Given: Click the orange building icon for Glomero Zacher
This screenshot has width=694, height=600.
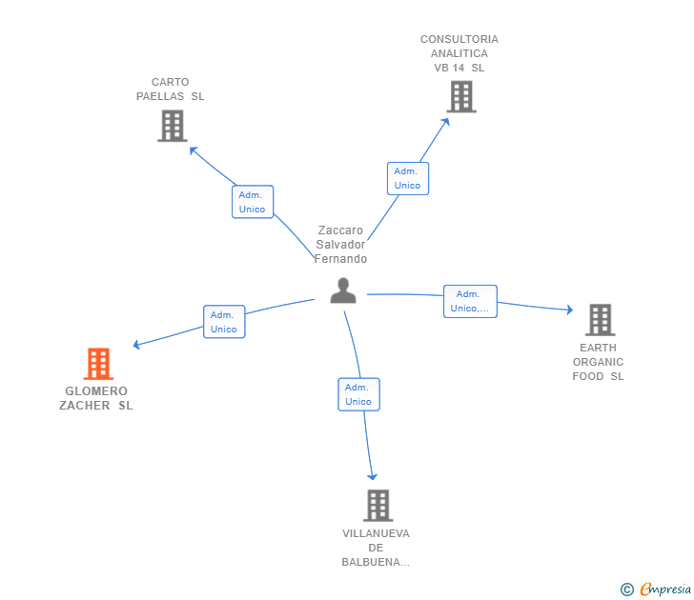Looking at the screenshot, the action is tap(99, 364).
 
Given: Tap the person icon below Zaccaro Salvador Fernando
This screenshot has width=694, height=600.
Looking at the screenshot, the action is tap(343, 290).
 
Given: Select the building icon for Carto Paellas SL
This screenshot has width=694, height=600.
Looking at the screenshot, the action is tap(173, 126).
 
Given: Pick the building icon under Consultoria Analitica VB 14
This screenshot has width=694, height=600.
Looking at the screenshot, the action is tap(461, 96).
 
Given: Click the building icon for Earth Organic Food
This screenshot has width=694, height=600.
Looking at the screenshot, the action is tap(601, 320).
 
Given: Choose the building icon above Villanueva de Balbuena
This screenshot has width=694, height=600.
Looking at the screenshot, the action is tap(378, 506).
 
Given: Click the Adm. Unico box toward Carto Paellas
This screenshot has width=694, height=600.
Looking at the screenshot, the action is tap(253, 202).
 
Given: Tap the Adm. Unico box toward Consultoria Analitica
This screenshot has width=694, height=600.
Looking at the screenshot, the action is tap(408, 179).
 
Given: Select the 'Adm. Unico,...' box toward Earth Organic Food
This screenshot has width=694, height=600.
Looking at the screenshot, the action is tap(471, 301).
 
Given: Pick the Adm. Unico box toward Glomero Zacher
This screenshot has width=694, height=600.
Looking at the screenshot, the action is tap(224, 322).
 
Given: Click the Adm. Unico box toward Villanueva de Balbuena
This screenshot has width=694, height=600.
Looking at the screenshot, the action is tap(359, 394).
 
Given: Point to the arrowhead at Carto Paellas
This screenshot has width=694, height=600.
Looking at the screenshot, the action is tap(193, 150).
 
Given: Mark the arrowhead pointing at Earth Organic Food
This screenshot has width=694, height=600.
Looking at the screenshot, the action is tap(570, 310).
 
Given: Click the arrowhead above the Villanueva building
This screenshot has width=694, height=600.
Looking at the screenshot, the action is tap(372, 476).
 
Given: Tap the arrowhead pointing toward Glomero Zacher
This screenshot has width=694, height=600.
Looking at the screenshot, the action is tap(136, 345).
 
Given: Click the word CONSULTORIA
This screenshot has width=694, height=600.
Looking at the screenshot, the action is tap(459, 39).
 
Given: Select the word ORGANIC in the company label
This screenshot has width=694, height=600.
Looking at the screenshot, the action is tap(598, 362).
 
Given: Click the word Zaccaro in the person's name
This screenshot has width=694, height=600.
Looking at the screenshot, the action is tap(340, 230).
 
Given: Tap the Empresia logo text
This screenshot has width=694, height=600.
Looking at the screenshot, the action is tap(665, 589).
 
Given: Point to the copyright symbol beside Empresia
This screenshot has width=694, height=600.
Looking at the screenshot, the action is tap(627, 590).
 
